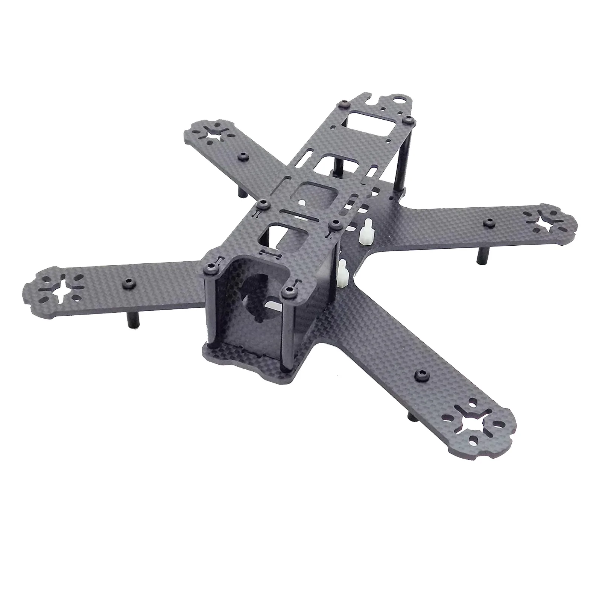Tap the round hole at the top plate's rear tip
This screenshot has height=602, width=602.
point(399,100)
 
